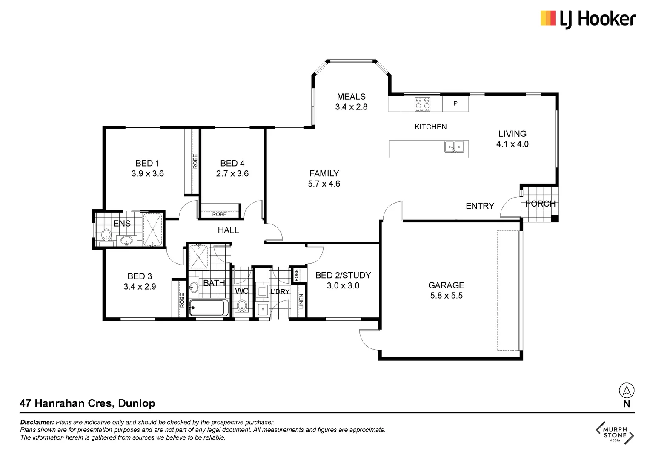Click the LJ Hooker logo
click(x=587, y=19)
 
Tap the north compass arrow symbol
click(x=626, y=390)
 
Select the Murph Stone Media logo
click(x=615, y=433)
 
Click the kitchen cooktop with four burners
click(x=422, y=104)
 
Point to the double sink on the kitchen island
click(x=454, y=147)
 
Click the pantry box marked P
click(x=455, y=103)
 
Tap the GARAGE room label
click(x=446, y=285)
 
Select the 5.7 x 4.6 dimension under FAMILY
click(x=324, y=184)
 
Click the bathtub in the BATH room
click(x=209, y=308)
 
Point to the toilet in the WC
click(x=242, y=306)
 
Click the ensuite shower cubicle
click(x=152, y=229)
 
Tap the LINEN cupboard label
click(x=301, y=301)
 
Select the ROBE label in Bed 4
click(x=220, y=214)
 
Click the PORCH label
click(x=540, y=204)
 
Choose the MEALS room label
click(x=351, y=97)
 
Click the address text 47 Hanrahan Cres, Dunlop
click(x=87, y=403)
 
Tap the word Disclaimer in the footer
click(x=37, y=422)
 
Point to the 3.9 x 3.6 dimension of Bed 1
click(x=147, y=174)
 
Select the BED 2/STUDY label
click(x=343, y=276)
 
